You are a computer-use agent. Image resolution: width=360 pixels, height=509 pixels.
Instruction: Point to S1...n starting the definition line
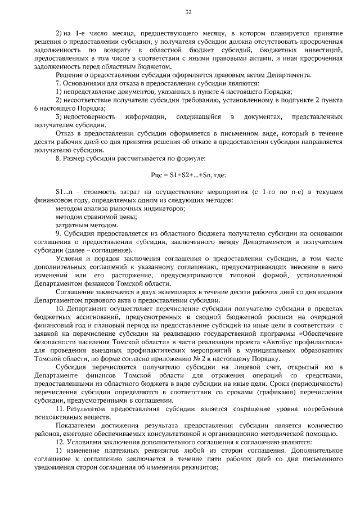pyautogui.click(x=65, y=193)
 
